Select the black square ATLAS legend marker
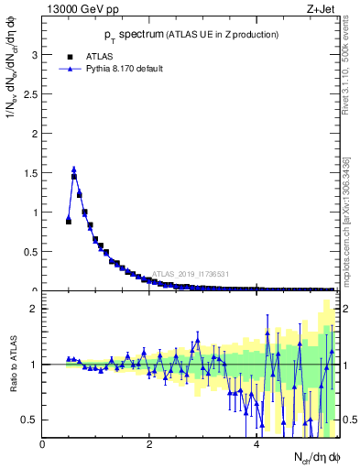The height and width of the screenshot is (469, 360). [x=70, y=55]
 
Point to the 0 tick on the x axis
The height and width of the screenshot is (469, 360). [x=43, y=445]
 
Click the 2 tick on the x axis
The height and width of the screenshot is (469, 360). [x=149, y=445]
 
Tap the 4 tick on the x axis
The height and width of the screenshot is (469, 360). [x=256, y=445]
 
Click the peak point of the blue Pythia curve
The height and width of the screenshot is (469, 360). [x=74, y=169]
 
